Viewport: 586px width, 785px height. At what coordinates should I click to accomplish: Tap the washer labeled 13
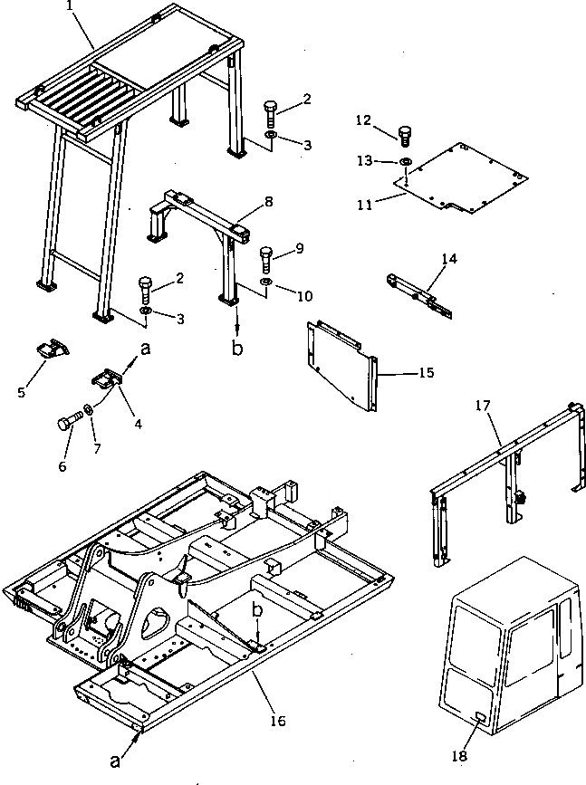406,162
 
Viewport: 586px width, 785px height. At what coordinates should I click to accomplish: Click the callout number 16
277,722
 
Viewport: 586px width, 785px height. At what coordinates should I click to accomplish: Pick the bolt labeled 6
69,422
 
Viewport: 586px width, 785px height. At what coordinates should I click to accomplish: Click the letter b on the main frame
258,612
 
